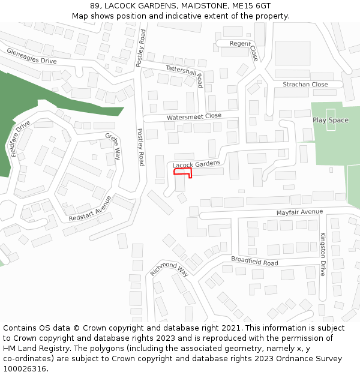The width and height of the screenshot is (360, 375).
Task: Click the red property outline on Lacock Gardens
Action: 182,172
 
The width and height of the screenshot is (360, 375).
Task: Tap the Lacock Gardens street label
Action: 196,164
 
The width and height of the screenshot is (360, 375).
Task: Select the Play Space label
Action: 330,120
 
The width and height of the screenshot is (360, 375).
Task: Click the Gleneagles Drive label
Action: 31,56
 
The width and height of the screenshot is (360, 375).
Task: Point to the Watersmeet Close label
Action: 194,116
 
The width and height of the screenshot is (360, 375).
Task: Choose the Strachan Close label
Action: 305,85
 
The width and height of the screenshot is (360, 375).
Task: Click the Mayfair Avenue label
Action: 299,212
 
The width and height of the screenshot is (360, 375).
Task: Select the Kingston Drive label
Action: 322,254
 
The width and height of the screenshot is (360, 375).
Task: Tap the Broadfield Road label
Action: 254,261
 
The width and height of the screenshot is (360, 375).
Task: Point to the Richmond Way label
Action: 169,269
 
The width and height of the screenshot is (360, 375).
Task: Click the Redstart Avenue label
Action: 90,208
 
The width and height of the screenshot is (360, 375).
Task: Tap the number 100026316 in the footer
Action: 25,368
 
